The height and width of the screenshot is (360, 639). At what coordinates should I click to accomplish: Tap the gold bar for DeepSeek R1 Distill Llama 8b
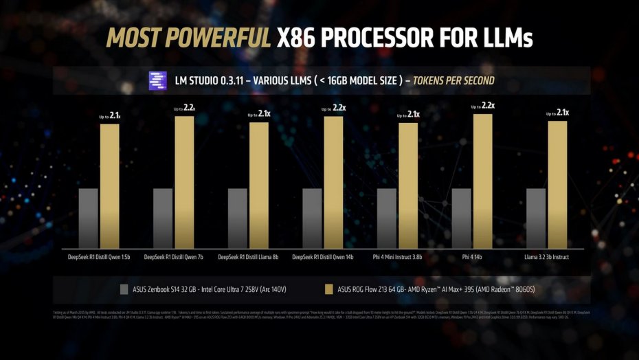pos(259,185)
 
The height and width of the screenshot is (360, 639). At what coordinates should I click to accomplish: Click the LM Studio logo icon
pos(157,81)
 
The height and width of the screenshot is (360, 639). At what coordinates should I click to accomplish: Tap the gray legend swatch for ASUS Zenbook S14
pos(124,289)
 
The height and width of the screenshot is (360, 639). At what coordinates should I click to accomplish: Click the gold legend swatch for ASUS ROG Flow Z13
pos(327,289)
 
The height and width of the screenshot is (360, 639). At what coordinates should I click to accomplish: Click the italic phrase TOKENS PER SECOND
pos(453,81)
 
